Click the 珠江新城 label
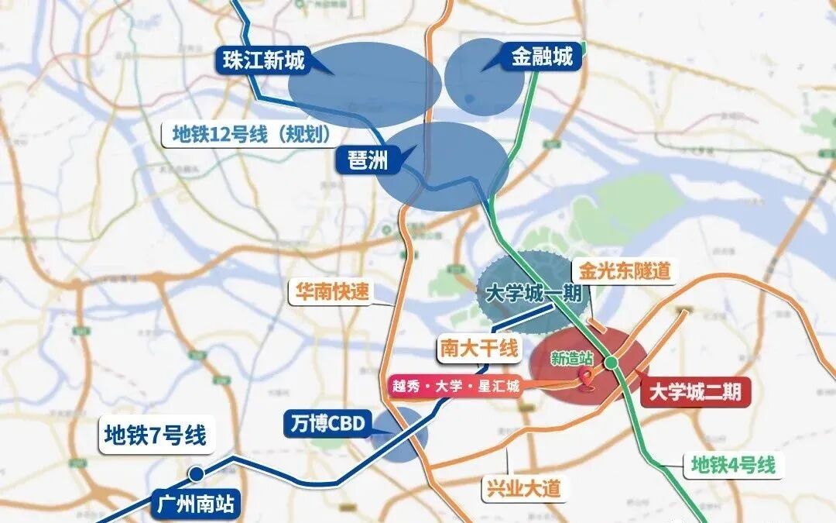point(263,60)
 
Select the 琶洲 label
point(362,160)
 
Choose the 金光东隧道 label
point(622,272)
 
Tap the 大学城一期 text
point(526,295)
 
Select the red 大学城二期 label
point(696,392)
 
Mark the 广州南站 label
point(194,504)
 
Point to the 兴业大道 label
point(523,489)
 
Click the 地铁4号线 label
point(732,466)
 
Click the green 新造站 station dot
point(611,362)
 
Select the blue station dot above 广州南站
point(198,473)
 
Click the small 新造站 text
point(571,358)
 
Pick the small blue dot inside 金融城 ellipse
point(469,98)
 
